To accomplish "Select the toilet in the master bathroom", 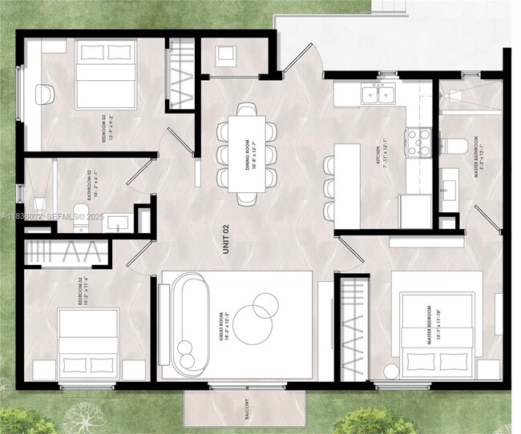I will point(455,146).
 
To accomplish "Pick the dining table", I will point(248,153).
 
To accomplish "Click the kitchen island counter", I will point(347,186).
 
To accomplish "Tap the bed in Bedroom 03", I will point(105,74).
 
